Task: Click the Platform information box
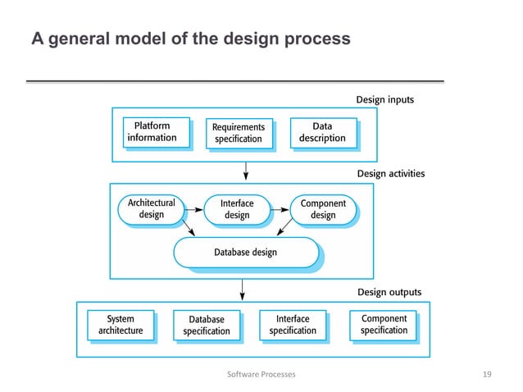click(152, 132)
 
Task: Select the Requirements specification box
click(239, 133)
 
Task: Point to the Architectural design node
click(152, 209)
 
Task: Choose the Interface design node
click(237, 209)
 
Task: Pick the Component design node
click(323, 209)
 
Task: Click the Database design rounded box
click(245, 252)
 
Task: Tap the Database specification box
click(207, 326)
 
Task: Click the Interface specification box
click(293, 325)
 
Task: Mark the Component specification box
click(384, 325)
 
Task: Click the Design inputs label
click(384, 100)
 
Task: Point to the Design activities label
click(391, 174)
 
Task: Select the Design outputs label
click(389, 292)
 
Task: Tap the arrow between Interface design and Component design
click(279, 209)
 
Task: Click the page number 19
click(487, 374)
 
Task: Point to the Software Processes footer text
click(261, 374)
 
